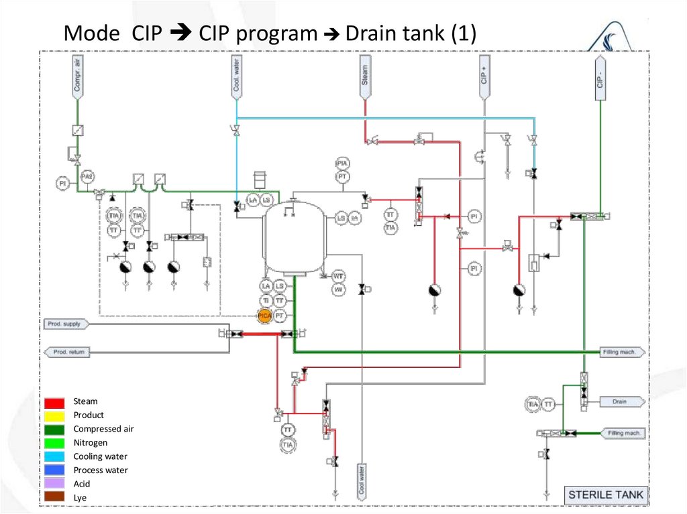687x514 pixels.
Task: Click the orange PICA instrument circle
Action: (265, 315)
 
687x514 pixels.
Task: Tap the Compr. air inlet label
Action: (77, 75)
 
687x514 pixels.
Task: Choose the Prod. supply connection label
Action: (66, 324)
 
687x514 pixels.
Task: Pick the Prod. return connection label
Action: (67, 351)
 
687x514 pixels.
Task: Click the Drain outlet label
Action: (621, 401)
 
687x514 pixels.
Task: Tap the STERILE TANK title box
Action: (605, 495)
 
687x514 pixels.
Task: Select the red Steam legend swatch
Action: (55, 402)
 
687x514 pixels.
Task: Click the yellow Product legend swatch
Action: (55, 415)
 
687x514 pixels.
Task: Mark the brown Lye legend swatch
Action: (55, 497)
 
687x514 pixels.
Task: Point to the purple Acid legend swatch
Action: (55, 484)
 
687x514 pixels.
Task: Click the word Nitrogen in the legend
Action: (90, 443)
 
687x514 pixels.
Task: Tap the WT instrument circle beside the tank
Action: (339, 276)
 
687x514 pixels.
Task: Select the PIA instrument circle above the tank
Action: (342, 164)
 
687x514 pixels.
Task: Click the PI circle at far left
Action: (62, 182)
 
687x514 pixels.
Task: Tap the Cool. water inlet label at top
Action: (237, 75)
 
